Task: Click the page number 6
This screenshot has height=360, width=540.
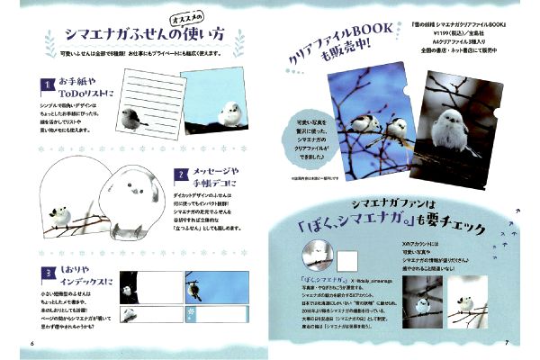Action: click(x=32, y=343)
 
